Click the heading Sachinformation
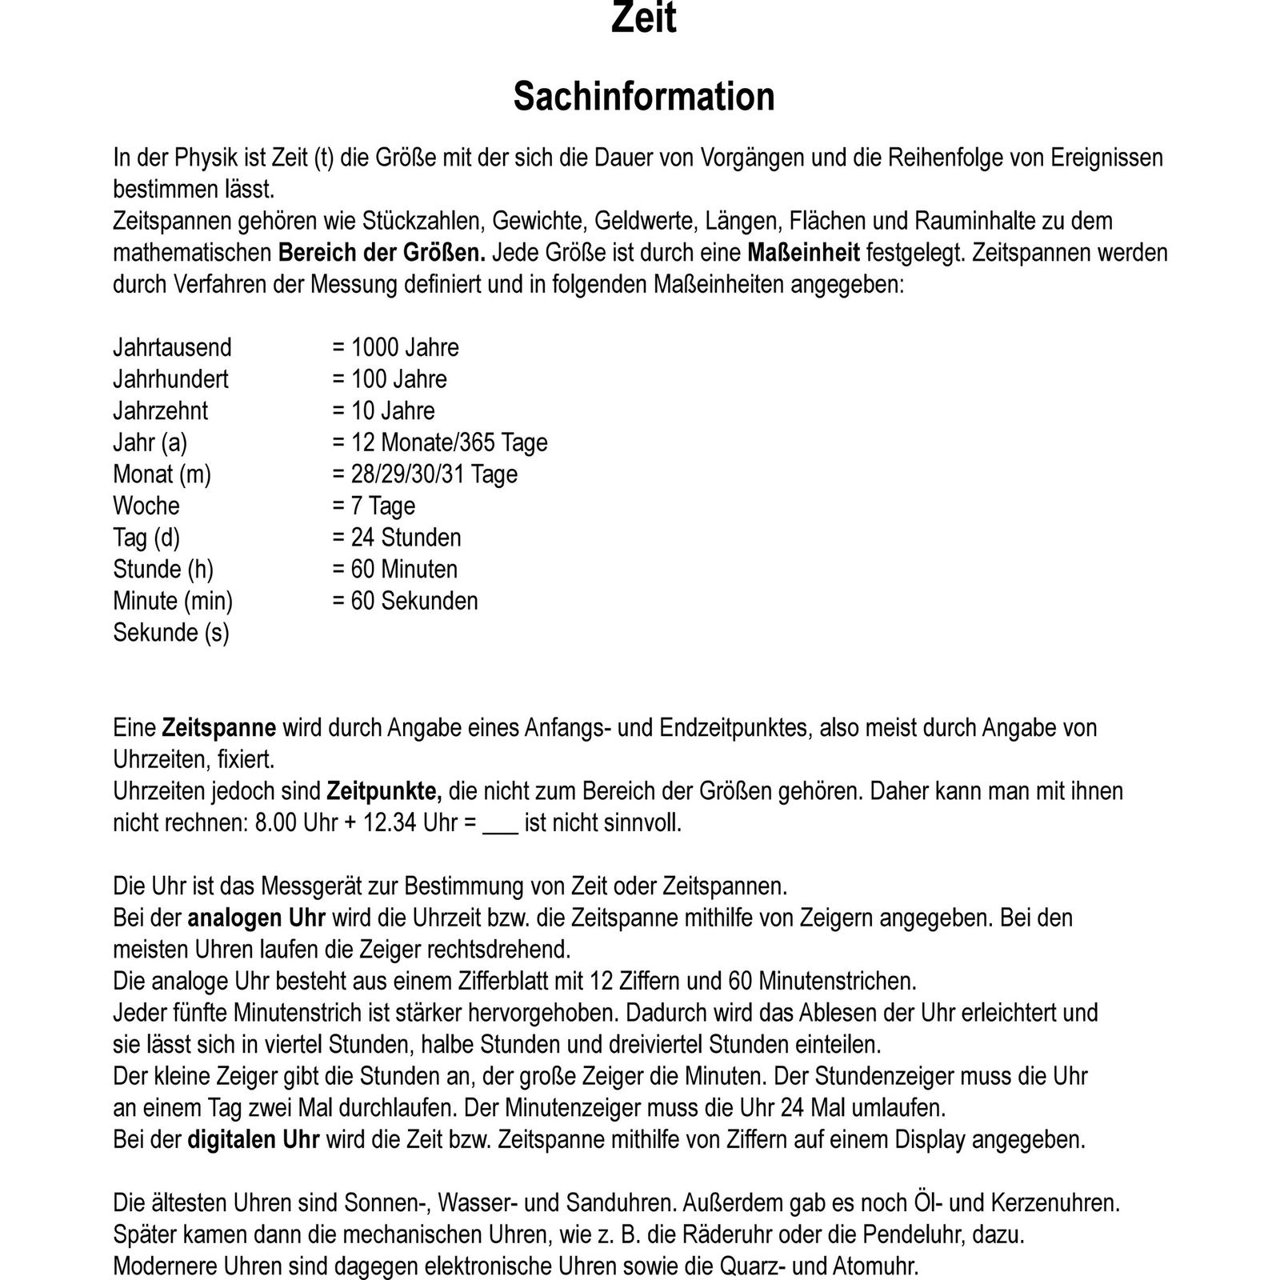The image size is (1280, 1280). coord(643,97)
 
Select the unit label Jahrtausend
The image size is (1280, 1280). coord(172,347)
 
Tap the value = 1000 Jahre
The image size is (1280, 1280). coord(395,347)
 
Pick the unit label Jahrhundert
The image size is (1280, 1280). coord(170,378)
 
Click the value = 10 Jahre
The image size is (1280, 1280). coord(383,410)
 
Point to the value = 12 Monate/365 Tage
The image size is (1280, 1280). coord(439,442)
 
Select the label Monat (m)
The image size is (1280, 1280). coord(162,474)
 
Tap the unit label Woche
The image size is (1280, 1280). coord(146,506)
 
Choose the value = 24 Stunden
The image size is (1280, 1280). coord(396,537)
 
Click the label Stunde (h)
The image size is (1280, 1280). coord(163,569)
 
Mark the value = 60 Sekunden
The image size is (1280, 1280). coord(405,601)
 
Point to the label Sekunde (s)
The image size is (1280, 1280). coord(170,633)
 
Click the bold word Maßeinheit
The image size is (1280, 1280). coord(803,253)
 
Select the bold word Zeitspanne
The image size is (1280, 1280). coord(218,727)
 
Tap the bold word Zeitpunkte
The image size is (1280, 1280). coord(384,791)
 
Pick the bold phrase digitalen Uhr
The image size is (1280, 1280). coord(254,1139)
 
